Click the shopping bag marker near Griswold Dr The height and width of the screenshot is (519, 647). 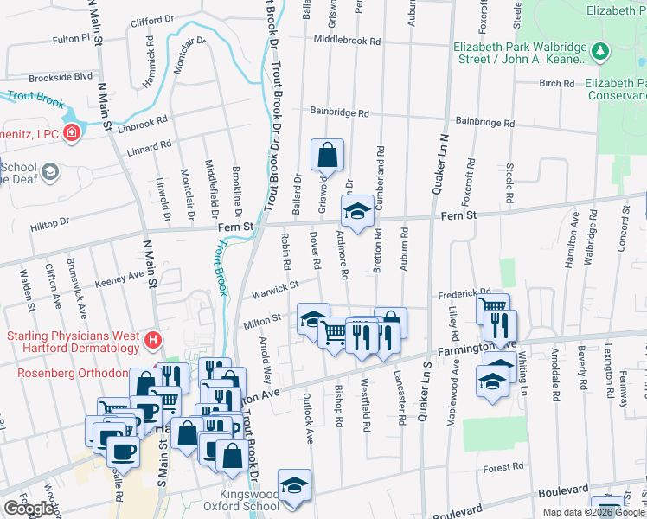(327, 156)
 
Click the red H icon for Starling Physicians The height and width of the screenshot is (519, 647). (153, 340)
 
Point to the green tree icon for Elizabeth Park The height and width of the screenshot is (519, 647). (600, 53)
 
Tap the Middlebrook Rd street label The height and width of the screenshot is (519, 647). (347, 41)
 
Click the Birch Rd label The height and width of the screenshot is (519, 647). (550, 84)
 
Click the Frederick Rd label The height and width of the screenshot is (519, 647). (464, 293)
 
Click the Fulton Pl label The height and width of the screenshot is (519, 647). (70, 39)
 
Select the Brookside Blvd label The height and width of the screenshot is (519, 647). (60, 76)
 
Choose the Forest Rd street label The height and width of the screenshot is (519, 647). (503, 467)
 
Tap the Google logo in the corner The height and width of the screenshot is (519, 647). (29, 509)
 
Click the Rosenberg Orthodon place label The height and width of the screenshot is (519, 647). (73, 373)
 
